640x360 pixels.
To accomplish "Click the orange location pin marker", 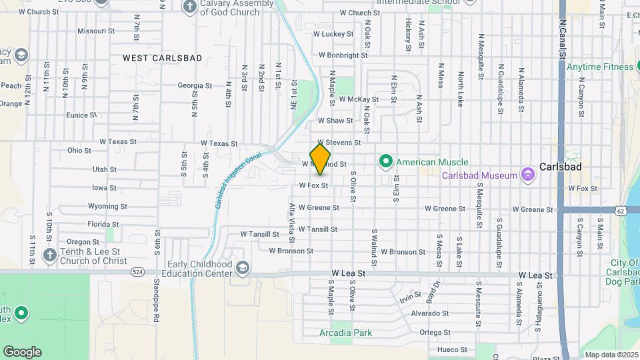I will click(321, 158).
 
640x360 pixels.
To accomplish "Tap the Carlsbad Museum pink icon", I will click(529, 175).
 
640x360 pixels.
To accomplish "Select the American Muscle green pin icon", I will click(385, 162).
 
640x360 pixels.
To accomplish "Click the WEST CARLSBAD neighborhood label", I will click(163, 58).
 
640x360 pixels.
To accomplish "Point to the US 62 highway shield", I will click(621, 211).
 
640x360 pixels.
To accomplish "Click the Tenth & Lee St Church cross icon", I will click(49, 255).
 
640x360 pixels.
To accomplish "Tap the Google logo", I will click(23, 351).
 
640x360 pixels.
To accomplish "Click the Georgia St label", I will click(195, 85).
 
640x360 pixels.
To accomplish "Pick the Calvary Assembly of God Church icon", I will click(190, 7).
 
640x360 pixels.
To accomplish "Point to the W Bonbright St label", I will click(343, 55).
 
